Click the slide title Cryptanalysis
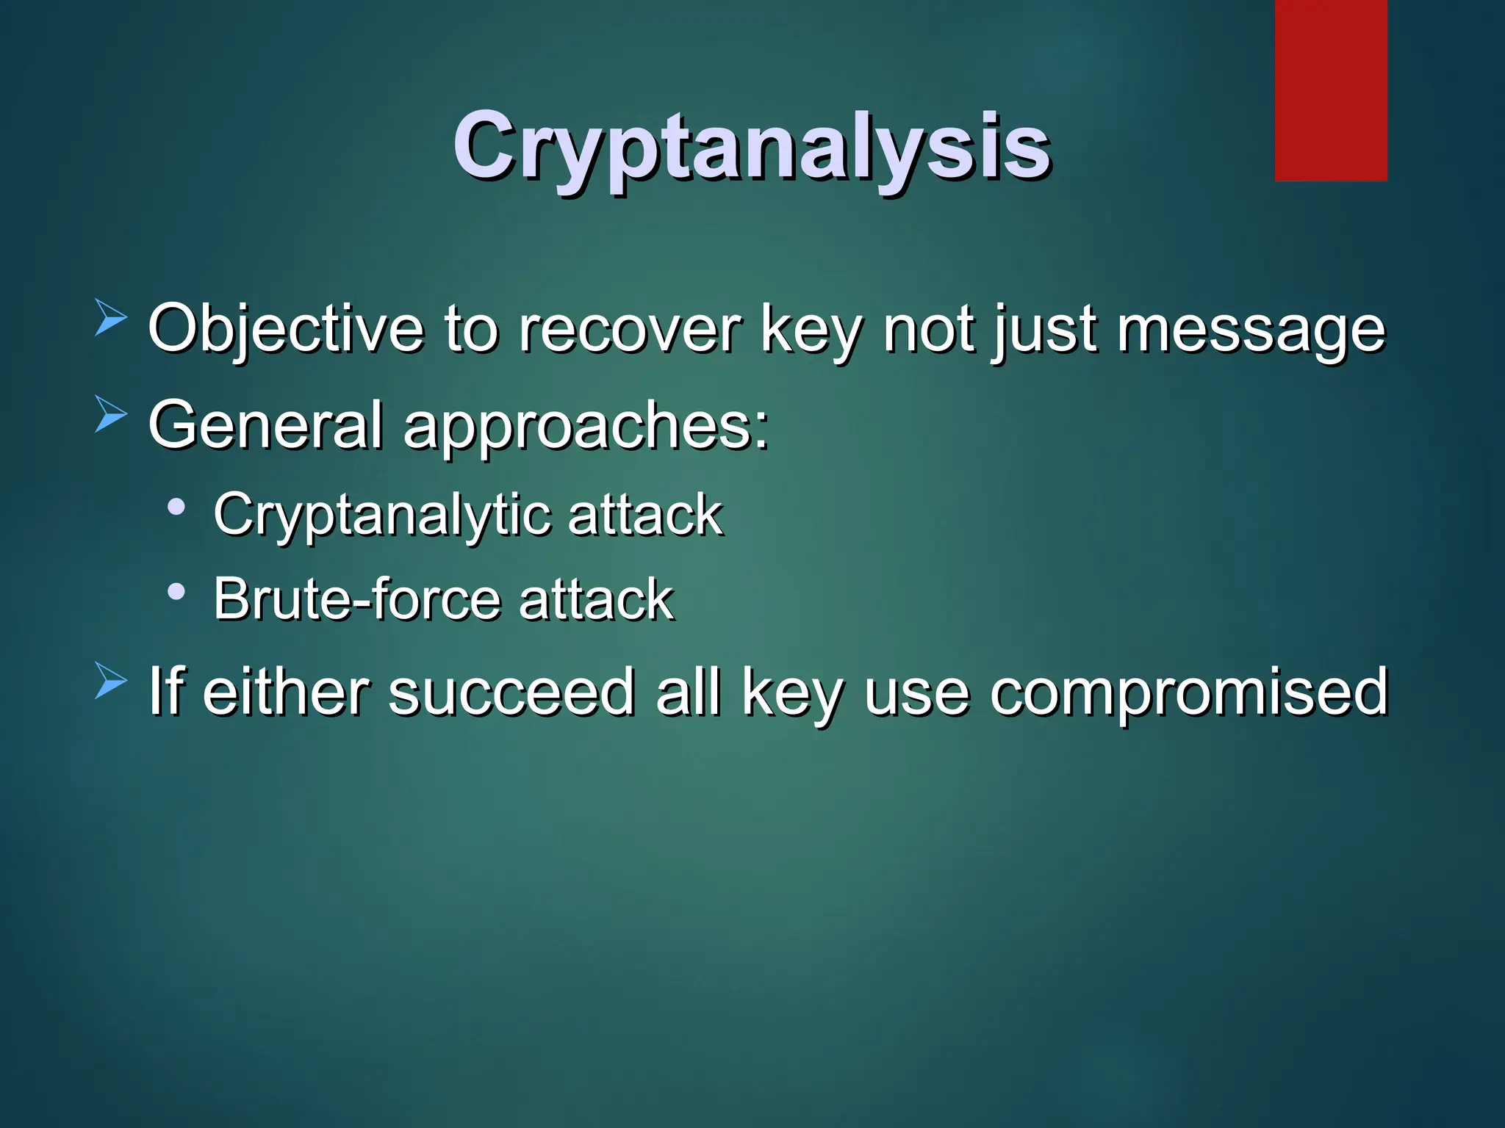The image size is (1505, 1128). point(751,147)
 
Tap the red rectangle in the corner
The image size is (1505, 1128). point(1330,90)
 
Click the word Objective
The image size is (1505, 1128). point(286,330)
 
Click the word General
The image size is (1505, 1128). point(265,425)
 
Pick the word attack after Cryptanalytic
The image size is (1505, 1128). point(645,514)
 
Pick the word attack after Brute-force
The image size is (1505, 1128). point(596,599)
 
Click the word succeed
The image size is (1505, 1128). point(511,692)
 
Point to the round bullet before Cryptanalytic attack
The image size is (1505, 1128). point(176,507)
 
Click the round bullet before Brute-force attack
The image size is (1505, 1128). point(176,590)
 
